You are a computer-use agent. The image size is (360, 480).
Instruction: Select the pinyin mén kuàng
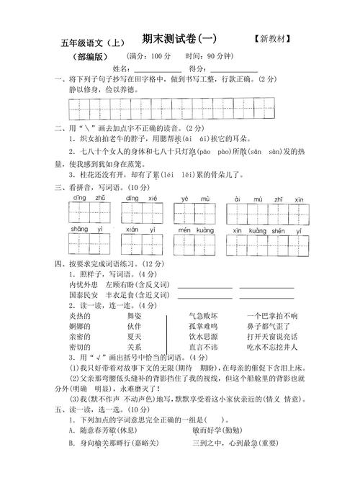click(x=196, y=229)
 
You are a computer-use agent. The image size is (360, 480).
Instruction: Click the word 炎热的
click(x=80, y=316)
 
